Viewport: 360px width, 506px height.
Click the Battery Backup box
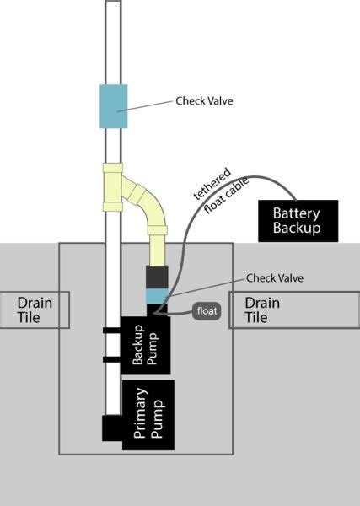(298, 221)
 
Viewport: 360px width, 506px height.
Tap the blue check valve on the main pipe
(113, 106)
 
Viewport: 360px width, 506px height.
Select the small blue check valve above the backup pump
(157, 296)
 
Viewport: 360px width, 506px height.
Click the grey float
(207, 311)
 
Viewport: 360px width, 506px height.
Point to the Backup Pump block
(145, 345)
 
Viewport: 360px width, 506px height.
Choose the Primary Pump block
(148, 415)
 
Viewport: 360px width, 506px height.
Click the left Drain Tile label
(35, 310)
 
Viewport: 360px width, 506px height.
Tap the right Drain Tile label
(262, 310)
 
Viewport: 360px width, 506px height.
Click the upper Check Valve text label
(204, 100)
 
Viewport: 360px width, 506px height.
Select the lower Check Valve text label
(275, 277)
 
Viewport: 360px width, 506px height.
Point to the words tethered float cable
(221, 191)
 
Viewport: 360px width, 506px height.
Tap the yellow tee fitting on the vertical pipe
(113, 187)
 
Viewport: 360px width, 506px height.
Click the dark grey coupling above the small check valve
(157, 277)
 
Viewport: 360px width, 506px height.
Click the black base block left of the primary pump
(112, 428)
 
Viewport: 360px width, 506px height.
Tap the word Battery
(296, 214)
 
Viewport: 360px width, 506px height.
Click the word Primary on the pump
(140, 413)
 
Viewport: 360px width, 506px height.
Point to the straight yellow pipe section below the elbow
(157, 250)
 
